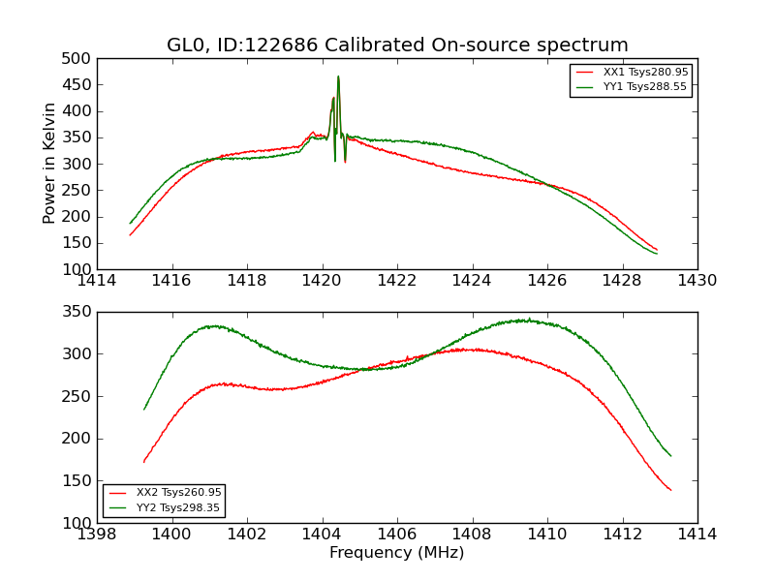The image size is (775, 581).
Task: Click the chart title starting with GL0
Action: point(397,45)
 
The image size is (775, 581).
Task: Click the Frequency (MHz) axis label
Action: point(396,553)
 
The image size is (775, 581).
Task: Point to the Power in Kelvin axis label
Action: point(50,164)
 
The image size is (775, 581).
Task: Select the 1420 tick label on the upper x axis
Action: point(322,280)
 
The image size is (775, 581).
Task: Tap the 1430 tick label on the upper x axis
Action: point(697,280)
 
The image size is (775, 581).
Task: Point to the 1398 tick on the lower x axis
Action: point(97,534)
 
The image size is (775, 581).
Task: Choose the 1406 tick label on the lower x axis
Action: point(396,534)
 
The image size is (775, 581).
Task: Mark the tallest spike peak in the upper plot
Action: point(338,76)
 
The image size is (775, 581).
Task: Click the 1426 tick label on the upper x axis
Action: point(546,280)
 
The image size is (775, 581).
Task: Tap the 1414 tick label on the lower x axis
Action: point(697,534)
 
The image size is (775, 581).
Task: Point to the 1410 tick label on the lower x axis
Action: point(546,534)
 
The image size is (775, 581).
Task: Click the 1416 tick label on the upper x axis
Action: point(172,280)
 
